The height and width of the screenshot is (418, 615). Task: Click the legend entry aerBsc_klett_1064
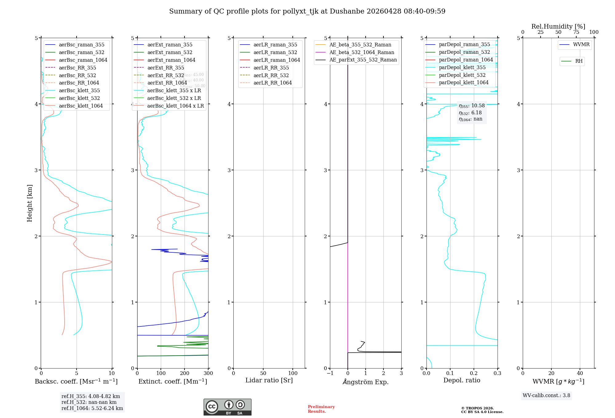(x=81, y=106)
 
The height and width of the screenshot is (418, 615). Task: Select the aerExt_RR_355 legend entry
(x=165, y=68)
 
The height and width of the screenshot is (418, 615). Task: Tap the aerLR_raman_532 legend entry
(x=275, y=52)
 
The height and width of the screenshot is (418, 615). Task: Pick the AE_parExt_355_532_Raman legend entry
(x=363, y=60)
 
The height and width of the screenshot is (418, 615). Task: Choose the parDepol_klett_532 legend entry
(x=462, y=75)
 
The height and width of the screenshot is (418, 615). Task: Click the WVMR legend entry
(x=581, y=45)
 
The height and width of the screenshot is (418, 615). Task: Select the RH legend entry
(x=579, y=61)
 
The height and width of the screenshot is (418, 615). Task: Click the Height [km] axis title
(x=30, y=203)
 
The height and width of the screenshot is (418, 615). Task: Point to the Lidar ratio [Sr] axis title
(x=269, y=380)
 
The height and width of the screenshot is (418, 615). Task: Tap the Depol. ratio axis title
(x=462, y=380)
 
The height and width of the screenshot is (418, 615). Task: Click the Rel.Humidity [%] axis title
(x=558, y=26)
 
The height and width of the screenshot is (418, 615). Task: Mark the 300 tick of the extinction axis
(x=208, y=373)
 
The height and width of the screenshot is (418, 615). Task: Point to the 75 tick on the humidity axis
(x=576, y=32)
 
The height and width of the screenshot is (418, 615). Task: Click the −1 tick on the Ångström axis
(x=330, y=373)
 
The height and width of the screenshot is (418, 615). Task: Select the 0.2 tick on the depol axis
(x=474, y=373)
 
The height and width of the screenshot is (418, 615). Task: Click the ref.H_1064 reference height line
(x=92, y=408)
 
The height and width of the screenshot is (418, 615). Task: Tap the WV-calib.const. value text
(x=546, y=396)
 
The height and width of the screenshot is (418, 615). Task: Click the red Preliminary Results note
(x=321, y=409)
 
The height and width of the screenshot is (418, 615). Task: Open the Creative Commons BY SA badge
(x=227, y=407)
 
